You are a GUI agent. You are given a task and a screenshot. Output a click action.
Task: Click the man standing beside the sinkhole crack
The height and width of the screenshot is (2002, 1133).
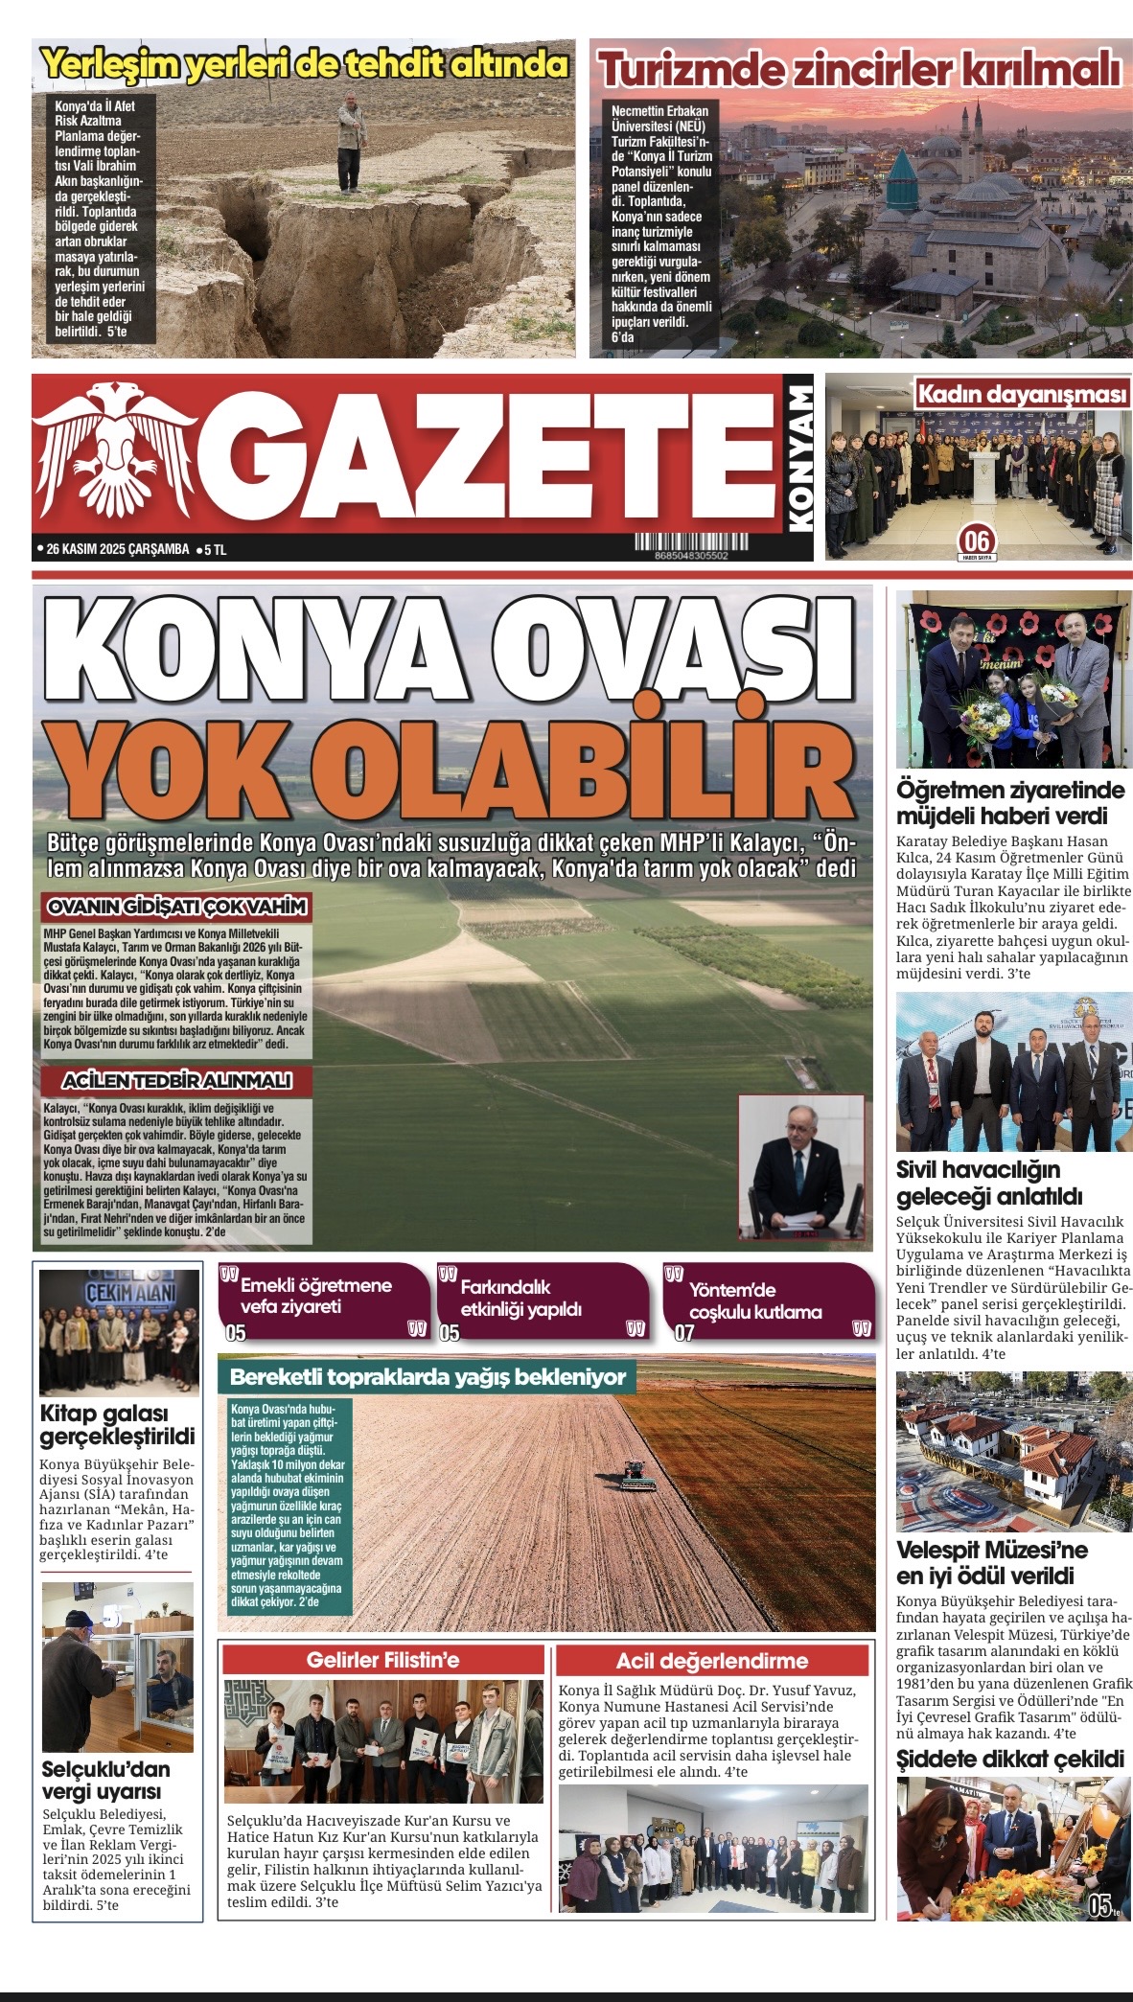352,142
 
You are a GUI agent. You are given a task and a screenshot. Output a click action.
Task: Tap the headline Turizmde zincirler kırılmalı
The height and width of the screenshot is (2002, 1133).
859,69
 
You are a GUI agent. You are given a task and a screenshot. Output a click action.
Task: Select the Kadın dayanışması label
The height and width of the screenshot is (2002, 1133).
1022,394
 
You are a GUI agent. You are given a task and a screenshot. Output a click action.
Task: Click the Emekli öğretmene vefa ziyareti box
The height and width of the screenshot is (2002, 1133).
323,1300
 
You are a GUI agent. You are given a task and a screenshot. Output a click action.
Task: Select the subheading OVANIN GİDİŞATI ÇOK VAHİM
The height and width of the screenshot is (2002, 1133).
177,907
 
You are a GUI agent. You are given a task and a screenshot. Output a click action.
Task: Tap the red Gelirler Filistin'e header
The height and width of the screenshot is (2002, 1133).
382,1661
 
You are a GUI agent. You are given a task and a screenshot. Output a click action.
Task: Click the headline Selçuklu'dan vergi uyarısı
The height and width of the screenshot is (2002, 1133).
105,1781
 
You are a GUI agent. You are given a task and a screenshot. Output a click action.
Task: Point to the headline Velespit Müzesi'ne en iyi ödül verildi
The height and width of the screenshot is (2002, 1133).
991,1563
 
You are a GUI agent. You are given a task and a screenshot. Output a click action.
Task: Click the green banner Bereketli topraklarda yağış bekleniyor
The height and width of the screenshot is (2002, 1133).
428,1377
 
